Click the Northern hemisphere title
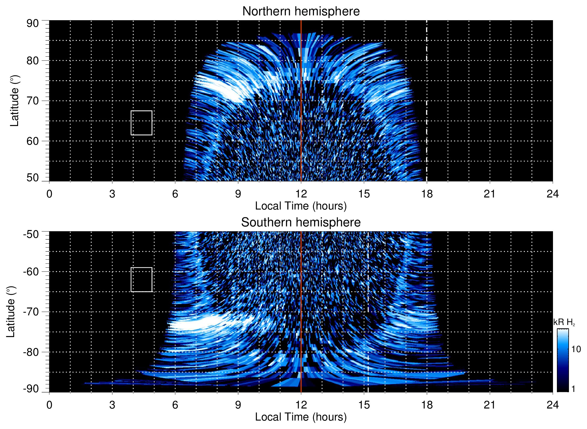pos(301,11)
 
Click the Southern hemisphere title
pos(301,222)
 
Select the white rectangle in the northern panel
pos(141,123)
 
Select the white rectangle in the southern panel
pos(141,279)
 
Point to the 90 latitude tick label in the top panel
pos(33,24)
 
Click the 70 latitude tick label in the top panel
pos(33,101)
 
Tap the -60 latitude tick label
pos(31,272)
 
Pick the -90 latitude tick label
pos(31,389)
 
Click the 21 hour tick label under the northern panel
pos(490,194)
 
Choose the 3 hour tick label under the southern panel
pos(112,405)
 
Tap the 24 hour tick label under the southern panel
pos(552,405)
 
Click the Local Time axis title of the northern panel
pos(301,206)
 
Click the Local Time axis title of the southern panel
pos(301,417)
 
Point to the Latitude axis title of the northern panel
pos(14,101)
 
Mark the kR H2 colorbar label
pos(564,322)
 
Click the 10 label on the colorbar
pos(576,349)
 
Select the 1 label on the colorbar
pos(573,389)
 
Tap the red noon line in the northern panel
pos(301,121)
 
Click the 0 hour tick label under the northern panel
pos(49,194)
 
